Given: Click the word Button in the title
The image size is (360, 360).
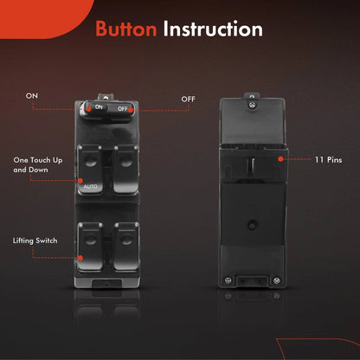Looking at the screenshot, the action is pyautogui.click(x=126, y=29).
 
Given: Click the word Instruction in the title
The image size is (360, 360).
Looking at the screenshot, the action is pyautogui.click(x=213, y=29).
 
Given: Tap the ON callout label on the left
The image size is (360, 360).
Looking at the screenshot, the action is pyautogui.click(x=32, y=96).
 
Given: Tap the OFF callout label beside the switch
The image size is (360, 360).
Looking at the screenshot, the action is pyautogui.click(x=189, y=100).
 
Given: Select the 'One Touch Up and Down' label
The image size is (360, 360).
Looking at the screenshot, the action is pyautogui.click(x=38, y=164).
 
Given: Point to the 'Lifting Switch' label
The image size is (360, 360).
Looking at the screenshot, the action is pyautogui.click(x=35, y=241).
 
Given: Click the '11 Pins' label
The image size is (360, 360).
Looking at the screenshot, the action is pyautogui.click(x=328, y=160).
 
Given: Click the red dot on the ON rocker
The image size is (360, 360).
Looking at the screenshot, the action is pyautogui.click(x=89, y=109).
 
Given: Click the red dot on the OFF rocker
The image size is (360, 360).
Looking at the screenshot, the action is pyautogui.click(x=131, y=110).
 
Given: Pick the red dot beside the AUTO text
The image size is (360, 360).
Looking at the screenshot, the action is pyautogui.click(x=80, y=181).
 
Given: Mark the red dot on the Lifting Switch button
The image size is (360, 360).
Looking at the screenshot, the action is pyautogui.click(x=80, y=258).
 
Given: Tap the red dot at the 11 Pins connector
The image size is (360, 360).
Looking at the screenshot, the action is pyautogui.click(x=280, y=159).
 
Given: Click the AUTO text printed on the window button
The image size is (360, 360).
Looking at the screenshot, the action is pyautogui.click(x=91, y=187).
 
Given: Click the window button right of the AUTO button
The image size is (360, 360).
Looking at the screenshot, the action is pyautogui.click(x=125, y=169).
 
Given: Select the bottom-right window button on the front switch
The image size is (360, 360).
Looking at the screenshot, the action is pyautogui.click(x=126, y=246).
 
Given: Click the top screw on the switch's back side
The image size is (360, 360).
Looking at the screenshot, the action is pyautogui.click(x=253, y=105).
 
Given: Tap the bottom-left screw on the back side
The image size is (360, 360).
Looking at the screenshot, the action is pyautogui.click(x=228, y=280).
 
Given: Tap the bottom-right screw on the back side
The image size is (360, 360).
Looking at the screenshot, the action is pyautogui.click(x=276, y=280).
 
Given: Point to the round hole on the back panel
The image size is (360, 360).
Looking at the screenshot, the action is pyautogui.click(x=252, y=225).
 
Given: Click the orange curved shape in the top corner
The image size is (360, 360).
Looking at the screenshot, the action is pyautogui.click(x=43, y=16).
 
